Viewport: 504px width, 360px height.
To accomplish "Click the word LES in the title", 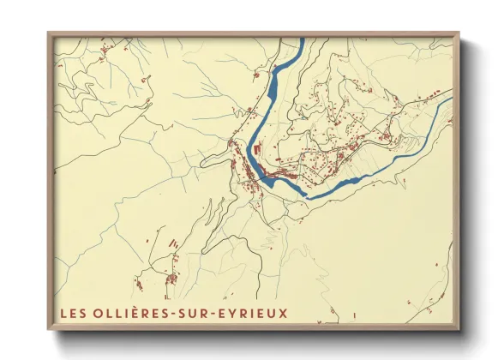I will [x=74, y=312].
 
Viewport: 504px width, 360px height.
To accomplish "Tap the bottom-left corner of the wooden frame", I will [x=49, y=330].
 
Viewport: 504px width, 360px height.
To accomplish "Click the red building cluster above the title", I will [x=170, y=279].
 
